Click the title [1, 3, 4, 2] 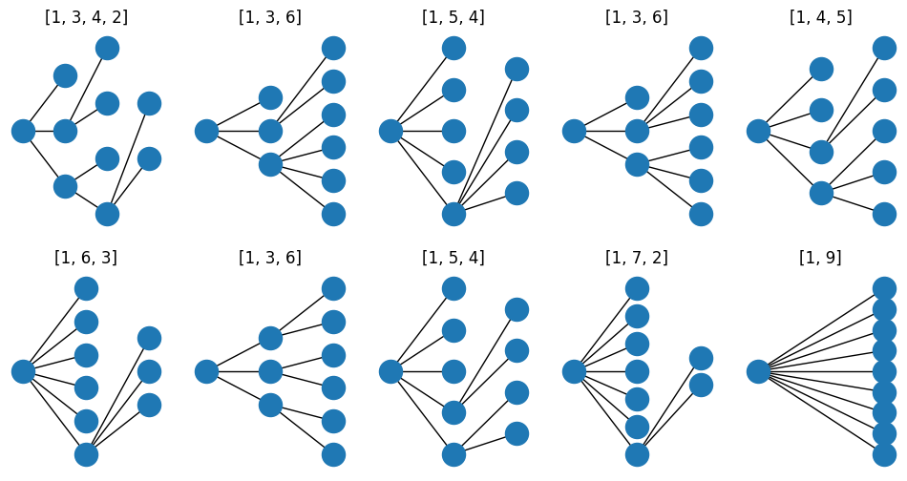pyautogui.click(x=86, y=17)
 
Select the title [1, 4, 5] pyautogui.click(x=820, y=17)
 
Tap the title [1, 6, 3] pyautogui.click(x=86, y=258)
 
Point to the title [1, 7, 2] pyautogui.click(x=637, y=258)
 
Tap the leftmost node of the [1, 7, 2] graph pyautogui.click(x=574, y=371)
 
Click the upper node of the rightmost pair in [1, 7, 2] pyautogui.click(x=701, y=358)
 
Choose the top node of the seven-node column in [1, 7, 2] pyautogui.click(x=637, y=288)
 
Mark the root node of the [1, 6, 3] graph pyautogui.click(x=23, y=371)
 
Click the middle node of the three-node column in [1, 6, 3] pyautogui.click(x=149, y=371)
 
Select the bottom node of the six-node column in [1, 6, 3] pyautogui.click(x=86, y=454)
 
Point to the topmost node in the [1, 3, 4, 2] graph pyautogui.click(x=107, y=48)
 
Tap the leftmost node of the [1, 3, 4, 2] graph pyautogui.click(x=23, y=131)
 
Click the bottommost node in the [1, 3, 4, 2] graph pyautogui.click(x=107, y=214)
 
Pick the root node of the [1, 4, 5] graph pyautogui.click(x=758, y=131)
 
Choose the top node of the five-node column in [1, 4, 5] pyautogui.click(x=884, y=48)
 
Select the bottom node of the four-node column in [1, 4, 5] pyautogui.click(x=821, y=193)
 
